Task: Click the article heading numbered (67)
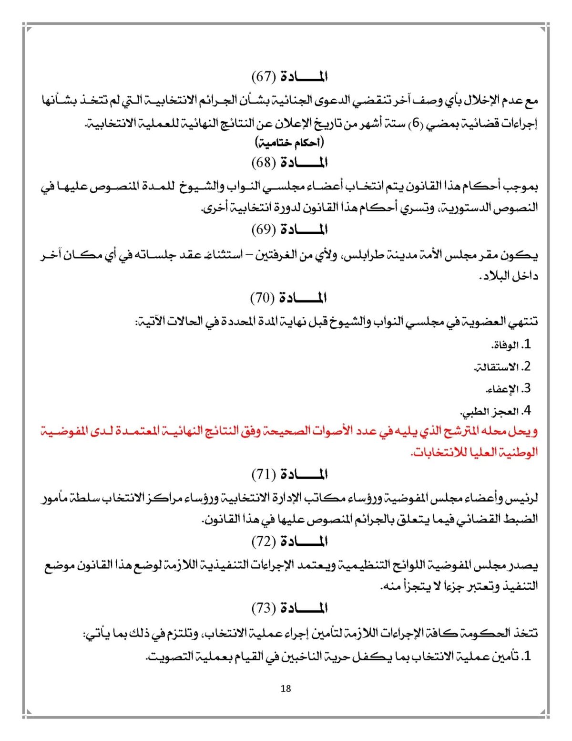click(289, 76)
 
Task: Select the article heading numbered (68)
click(289, 163)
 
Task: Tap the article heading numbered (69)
click(289, 230)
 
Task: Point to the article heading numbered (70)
click(288, 298)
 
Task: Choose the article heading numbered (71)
click(289, 474)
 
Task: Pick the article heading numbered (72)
click(289, 542)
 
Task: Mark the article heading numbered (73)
click(289, 608)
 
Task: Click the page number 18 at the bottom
click(286, 689)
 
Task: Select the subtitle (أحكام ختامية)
click(289, 142)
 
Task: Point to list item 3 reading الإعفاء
click(508, 389)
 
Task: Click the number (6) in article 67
click(417, 124)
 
